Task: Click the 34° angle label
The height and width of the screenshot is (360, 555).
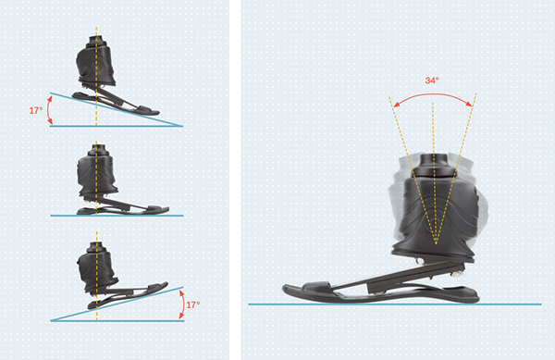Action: [x=432, y=81]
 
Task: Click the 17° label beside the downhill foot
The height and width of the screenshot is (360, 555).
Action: [x=36, y=111]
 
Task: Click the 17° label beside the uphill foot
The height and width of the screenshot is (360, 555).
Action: [x=193, y=304]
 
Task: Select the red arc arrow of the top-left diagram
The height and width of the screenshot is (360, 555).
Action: [x=50, y=110]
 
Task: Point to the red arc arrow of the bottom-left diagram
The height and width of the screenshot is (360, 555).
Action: [x=182, y=304]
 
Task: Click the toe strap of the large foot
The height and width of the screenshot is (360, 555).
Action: [x=316, y=286]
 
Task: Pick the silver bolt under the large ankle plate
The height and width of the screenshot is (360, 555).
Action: [x=419, y=261]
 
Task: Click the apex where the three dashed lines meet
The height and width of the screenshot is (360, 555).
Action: [x=436, y=244]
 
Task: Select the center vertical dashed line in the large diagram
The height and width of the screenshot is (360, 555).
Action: [x=434, y=173]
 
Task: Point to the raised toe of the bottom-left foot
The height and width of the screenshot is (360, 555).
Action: [x=160, y=285]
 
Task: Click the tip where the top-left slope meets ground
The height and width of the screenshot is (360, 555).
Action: [x=182, y=126]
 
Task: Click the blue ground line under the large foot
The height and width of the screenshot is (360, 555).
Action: [x=395, y=304]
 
